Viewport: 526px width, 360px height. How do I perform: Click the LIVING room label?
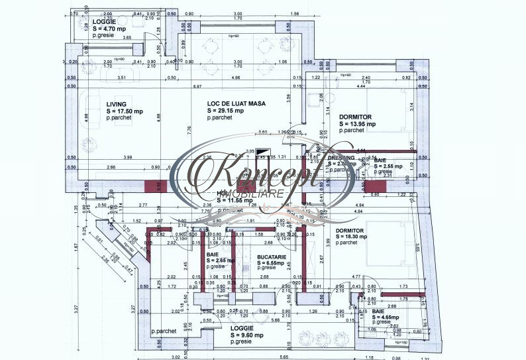tap(116, 104)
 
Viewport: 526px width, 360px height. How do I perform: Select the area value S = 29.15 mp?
tap(225, 111)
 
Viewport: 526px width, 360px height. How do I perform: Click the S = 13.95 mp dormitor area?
tap(356, 123)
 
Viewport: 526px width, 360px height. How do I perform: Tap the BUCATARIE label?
tap(273, 255)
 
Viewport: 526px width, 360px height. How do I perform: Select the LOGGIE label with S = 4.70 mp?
tap(105, 22)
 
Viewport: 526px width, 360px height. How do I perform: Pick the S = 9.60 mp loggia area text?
tap(246, 335)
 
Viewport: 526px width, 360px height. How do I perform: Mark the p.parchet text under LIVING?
tap(119, 117)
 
